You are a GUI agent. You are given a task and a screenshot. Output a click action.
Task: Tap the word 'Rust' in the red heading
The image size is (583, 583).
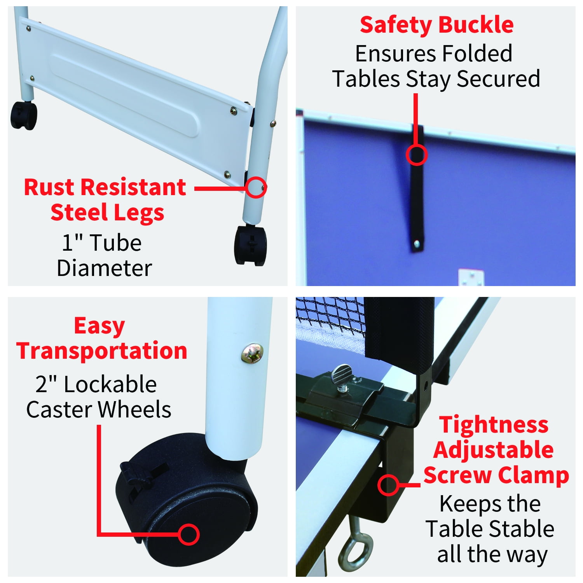pos(49,187)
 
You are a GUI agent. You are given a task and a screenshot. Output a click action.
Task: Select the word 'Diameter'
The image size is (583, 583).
pos(104,268)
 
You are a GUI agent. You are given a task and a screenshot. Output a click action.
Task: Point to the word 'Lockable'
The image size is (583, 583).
pos(110,384)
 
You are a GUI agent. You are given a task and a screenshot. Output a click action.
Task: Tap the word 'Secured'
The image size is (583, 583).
pos(498,79)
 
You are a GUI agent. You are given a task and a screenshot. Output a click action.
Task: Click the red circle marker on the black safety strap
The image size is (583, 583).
pos(417,155)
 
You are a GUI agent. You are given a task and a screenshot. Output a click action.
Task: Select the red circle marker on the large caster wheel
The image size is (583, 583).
pos(189,534)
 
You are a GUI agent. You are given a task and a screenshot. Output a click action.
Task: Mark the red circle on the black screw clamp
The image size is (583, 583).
pos(388,485)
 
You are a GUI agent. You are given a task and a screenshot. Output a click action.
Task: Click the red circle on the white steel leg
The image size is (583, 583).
pos(256,187)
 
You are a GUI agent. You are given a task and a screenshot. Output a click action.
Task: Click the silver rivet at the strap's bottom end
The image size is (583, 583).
pos(417,244)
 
